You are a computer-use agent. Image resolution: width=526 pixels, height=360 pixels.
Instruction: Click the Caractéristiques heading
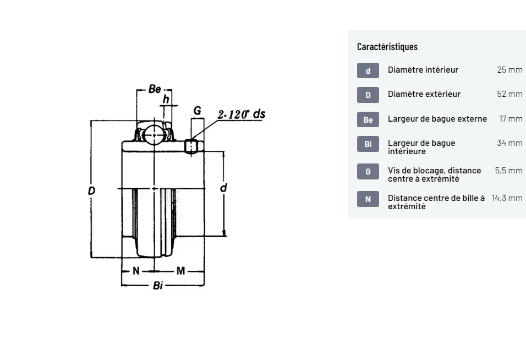tap(387, 47)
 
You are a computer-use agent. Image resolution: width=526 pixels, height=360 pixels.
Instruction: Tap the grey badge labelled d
tap(368, 70)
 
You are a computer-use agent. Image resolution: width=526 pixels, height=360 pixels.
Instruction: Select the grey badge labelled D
tap(368, 95)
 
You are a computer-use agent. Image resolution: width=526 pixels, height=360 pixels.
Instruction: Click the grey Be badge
tap(368, 119)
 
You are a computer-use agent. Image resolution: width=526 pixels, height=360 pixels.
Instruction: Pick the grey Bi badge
tap(368, 144)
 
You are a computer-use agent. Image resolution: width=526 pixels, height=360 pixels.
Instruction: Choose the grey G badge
tap(368, 171)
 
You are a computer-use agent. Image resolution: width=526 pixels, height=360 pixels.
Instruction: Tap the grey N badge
tap(368, 199)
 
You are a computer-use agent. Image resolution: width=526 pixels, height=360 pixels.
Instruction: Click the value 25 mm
tap(509, 70)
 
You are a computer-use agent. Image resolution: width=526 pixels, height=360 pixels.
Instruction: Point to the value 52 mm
tap(509, 94)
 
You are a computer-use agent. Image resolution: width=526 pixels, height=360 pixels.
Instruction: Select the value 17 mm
tap(511, 119)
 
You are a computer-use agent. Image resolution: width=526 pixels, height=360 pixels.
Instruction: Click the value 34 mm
tap(509, 143)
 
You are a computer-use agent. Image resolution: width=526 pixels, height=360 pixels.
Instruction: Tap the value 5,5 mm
tap(508, 171)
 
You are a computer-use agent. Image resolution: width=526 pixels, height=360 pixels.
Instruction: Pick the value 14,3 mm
tap(507, 198)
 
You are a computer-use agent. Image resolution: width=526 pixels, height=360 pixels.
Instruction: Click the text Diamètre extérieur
tap(424, 94)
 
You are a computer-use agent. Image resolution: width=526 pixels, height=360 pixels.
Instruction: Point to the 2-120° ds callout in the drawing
tap(241, 114)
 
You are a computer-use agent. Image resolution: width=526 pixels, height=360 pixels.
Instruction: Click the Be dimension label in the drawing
tap(155, 89)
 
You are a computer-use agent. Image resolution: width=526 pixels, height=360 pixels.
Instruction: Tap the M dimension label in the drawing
tap(181, 271)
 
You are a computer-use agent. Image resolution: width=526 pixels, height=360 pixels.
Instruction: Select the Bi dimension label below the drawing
tap(158, 286)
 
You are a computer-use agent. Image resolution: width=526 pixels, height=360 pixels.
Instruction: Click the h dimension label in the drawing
tap(166, 100)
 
